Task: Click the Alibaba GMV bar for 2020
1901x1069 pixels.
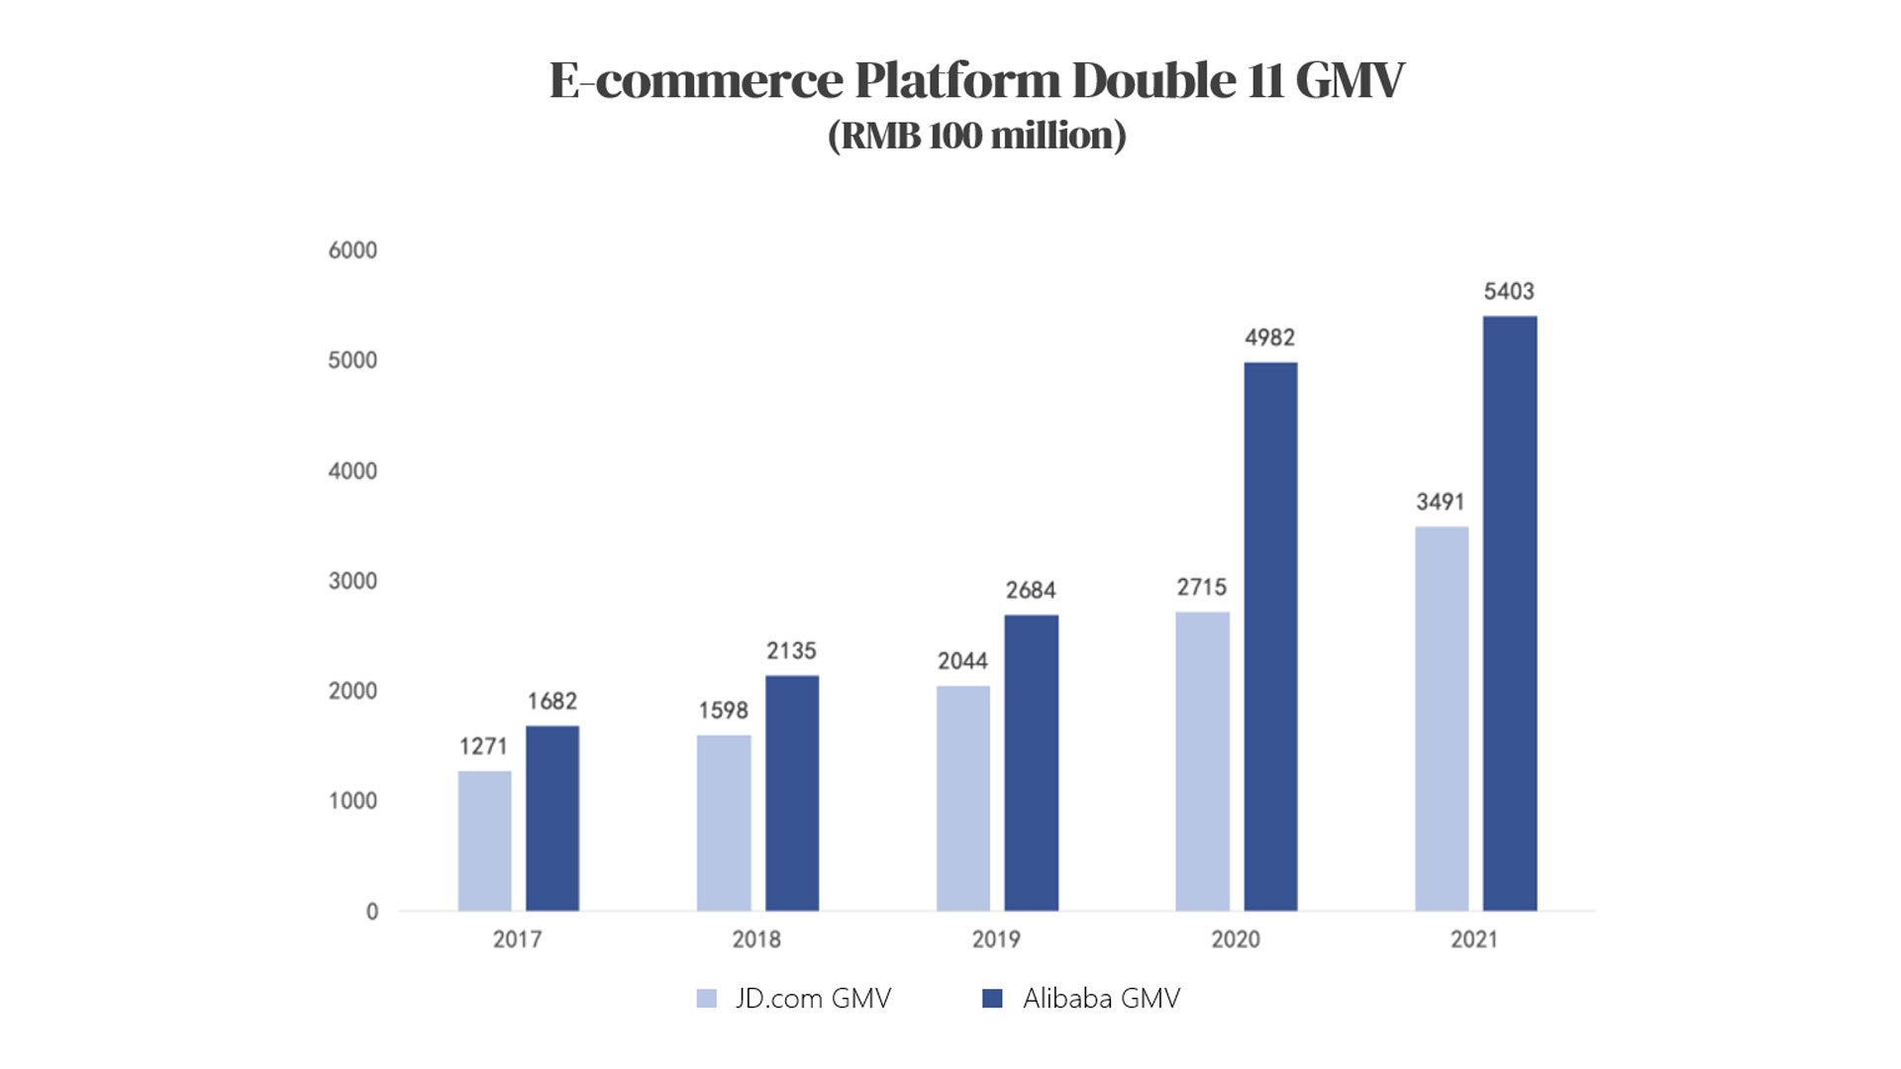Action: [x=1270, y=635]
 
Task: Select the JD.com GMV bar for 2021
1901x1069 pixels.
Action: [x=1441, y=718]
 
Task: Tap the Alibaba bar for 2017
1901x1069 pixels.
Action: [x=551, y=818]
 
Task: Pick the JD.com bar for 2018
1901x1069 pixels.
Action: [x=724, y=822]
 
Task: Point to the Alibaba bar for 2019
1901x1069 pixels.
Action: [x=1031, y=762]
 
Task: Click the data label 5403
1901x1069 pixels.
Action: [x=1508, y=291]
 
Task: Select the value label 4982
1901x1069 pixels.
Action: [x=1269, y=338]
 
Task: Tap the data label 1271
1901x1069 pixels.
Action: [x=483, y=746]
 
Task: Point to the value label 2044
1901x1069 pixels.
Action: [x=962, y=661]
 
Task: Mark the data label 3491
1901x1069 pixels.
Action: [x=1440, y=502]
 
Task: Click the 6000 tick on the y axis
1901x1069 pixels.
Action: [x=352, y=250]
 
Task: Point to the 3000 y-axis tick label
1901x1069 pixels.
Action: [x=352, y=581]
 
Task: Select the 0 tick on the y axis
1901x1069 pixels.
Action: [x=372, y=912]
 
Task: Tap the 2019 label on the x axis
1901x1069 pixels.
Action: [x=995, y=939]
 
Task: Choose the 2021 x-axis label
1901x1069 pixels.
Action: [x=1473, y=939]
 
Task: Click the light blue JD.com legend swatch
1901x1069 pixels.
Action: [x=706, y=999]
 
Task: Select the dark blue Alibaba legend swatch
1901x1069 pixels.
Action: [x=991, y=999]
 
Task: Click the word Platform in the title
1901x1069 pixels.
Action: [x=956, y=80]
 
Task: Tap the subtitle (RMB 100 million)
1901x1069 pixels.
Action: [x=976, y=136]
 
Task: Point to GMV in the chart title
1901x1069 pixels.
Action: [x=1349, y=80]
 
